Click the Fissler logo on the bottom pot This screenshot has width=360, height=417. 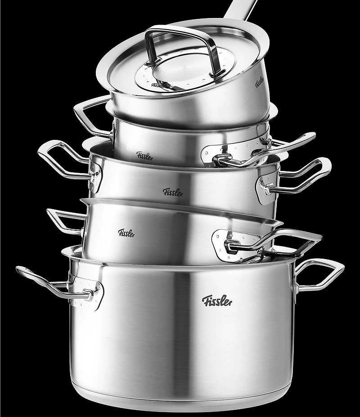click(217, 301)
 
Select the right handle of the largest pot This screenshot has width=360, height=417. click(319, 275)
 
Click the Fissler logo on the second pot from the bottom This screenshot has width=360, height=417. click(126, 233)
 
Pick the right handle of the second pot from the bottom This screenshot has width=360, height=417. click(274, 243)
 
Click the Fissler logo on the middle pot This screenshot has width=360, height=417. click(173, 192)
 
